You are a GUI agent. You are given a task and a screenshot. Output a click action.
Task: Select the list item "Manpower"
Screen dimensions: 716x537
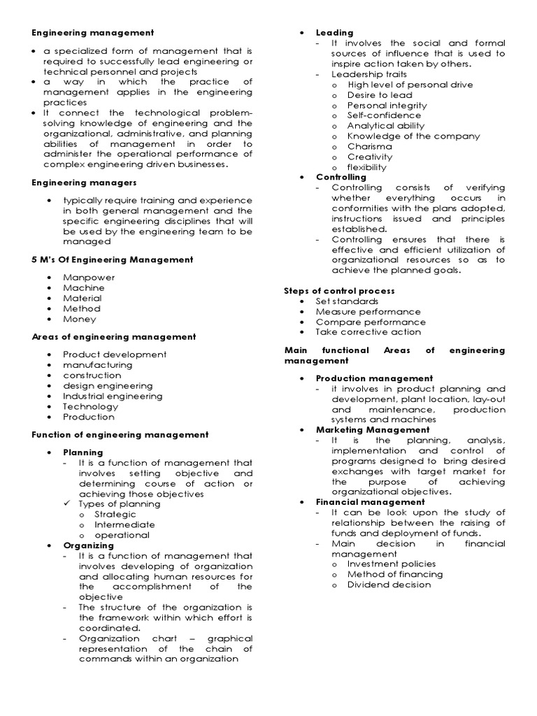click(x=89, y=277)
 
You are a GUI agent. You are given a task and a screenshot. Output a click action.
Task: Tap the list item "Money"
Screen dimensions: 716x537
click(x=79, y=319)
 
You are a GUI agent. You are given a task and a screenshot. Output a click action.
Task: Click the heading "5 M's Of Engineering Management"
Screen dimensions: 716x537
click(x=112, y=259)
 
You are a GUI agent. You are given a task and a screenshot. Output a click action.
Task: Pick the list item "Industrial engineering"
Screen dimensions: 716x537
click(x=112, y=396)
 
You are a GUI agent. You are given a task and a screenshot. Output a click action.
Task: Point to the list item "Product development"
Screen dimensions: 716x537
click(x=115, y=355)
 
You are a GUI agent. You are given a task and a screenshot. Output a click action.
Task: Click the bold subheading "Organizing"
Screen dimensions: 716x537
click(x=88, y=545)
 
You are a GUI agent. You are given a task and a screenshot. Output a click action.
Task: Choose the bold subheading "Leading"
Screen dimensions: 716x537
click(x=334, y=33)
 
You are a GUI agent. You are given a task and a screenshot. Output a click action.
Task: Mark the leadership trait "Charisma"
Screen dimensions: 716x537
click(x=370, y=147)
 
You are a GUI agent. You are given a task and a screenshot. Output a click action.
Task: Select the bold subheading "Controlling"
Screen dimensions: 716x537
click(x=341, y=178)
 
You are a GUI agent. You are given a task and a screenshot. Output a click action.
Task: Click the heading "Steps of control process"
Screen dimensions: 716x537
click(x=339, y=290)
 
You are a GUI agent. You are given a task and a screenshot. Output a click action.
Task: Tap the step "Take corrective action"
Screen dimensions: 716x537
click(x=368, y=332)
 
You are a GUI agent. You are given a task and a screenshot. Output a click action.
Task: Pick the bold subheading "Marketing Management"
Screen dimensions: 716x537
click(x=373, y=429)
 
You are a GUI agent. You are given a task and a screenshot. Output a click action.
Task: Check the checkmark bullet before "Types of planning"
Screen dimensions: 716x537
click(x=67, y=503)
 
